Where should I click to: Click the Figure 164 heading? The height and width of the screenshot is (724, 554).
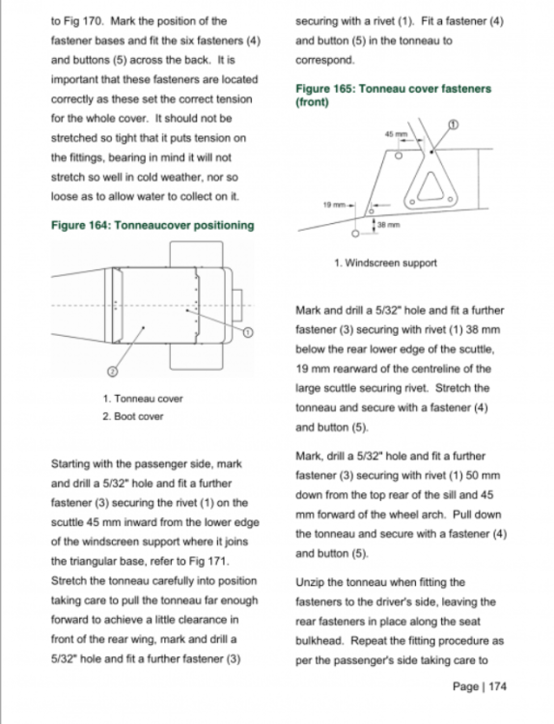pyautogui.click(x=152, y=225)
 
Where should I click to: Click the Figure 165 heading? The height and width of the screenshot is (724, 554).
pyautogui.click(x=394, y=96)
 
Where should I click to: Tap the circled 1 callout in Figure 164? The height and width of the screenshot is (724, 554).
pyautogui.click(x=248, y=332)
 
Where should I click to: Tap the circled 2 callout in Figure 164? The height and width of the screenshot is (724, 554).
pyautogui.click(x=112, y=371)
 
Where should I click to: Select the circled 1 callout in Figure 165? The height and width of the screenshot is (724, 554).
pyautogui.click(x=454, y=125)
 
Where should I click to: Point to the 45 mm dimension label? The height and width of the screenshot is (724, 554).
pyautogui.click(x=397, y=134)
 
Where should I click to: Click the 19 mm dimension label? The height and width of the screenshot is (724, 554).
pyautogui.click(x=334, y=204)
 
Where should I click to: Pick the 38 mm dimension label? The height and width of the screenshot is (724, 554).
pyautogui.click(x=389, y=225)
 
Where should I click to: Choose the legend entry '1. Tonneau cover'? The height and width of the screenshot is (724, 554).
pyautogui.click(x=143, y=399)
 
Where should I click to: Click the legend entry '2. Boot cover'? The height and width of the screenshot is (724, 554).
pyautogui.click(x=133, y=416)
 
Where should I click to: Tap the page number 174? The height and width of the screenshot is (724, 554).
pyautogui.click(x=498, y=686)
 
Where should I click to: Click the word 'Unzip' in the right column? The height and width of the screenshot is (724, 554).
pyautogui.click(x=310, y=583)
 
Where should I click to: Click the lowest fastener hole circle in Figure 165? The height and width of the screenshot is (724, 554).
pyautogui.click(x=355, y=234)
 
